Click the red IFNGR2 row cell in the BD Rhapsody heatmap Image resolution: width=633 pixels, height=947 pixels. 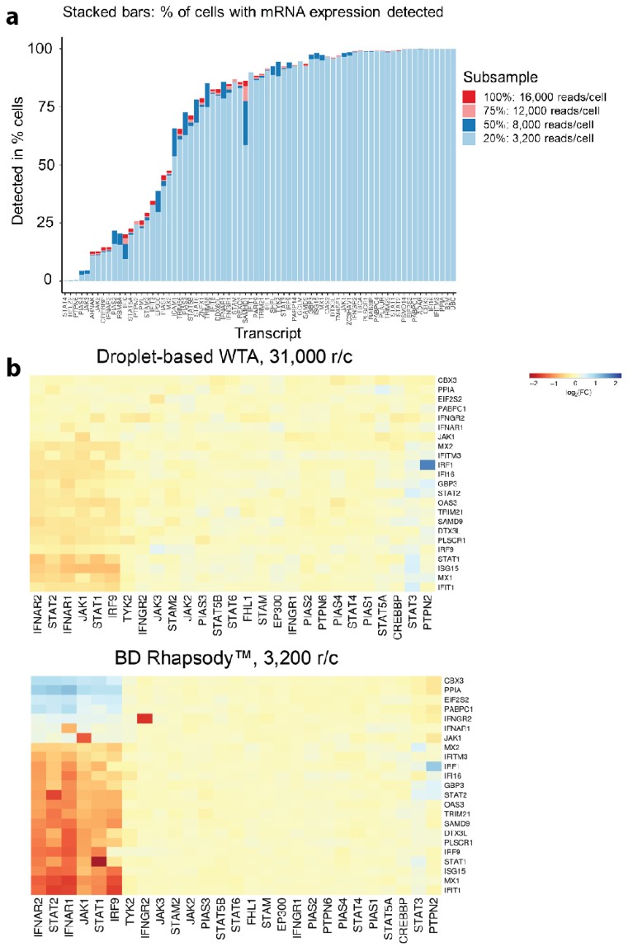[145, 718]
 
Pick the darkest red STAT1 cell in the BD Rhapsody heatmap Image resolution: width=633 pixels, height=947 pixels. [99, 862]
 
